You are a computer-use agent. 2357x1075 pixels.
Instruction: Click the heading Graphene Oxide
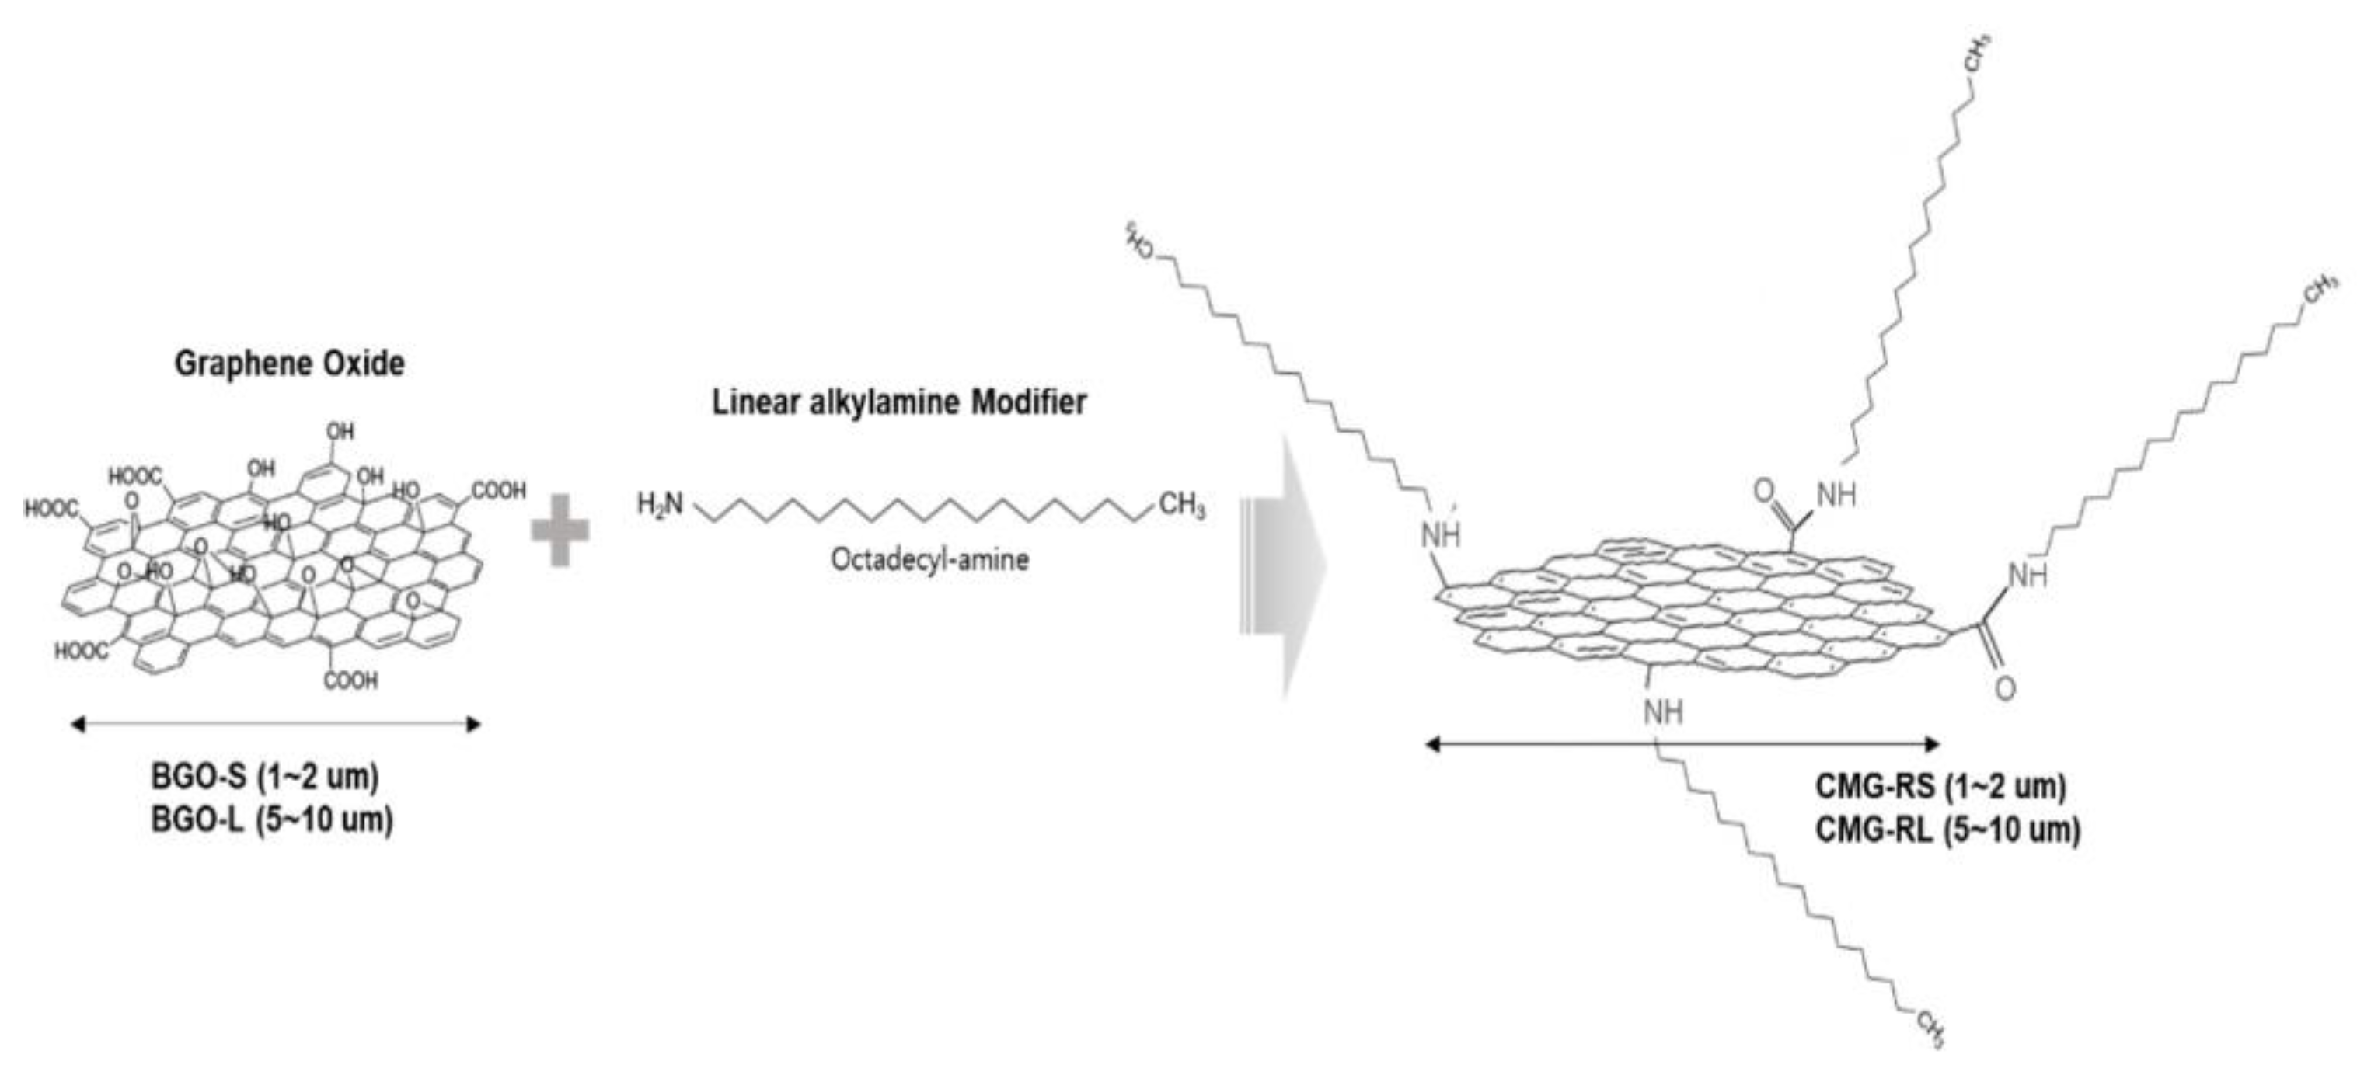(x=289, y=364)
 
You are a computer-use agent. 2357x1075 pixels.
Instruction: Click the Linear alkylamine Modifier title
(x=899, y=402)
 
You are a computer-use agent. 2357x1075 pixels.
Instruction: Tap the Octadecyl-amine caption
(x=929, y=559)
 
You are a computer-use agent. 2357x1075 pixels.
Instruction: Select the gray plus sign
(x=560, y=530)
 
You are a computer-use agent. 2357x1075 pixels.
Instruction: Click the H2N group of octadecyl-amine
(x=661, y=504)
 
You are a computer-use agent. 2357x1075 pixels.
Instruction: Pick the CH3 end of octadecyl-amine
(x=1182, y=504)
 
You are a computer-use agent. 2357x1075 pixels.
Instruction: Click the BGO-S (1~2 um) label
(x=264, y=778)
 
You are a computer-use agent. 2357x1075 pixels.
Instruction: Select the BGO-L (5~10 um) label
(x=272, y=821)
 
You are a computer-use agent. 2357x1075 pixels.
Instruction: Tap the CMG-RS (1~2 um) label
(x=1940, y=786)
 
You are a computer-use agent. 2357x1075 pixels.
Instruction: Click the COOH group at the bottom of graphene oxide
(x=350, y=680)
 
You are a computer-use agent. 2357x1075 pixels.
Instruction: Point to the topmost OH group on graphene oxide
(x=340, y=431)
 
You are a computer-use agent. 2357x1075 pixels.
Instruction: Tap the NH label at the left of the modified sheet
(x=1441, y=535)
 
